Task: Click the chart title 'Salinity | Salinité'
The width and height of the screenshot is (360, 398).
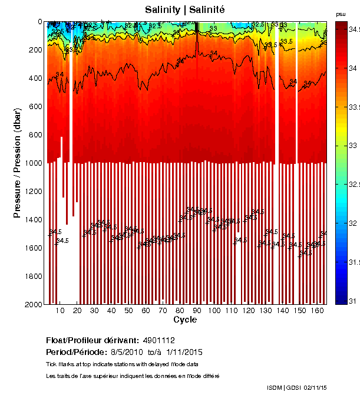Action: [x=185, y=9]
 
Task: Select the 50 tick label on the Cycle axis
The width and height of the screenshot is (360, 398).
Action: [x=128, y=310]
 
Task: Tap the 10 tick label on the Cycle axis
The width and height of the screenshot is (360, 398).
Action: [x=60, y=310]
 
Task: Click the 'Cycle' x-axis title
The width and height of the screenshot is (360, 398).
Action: [x=185, y=320]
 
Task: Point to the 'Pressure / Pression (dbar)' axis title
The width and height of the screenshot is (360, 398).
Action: [x=17, y=163]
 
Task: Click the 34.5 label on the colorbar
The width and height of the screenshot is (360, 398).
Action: [x=353, y=29]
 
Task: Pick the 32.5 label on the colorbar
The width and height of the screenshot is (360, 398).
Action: [x=353, y=185]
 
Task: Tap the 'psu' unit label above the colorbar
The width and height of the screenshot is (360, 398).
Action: [x=340, y=14]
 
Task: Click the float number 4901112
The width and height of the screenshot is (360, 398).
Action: [x=158, y=340]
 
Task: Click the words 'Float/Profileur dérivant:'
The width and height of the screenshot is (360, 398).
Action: [x=92, y=340]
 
